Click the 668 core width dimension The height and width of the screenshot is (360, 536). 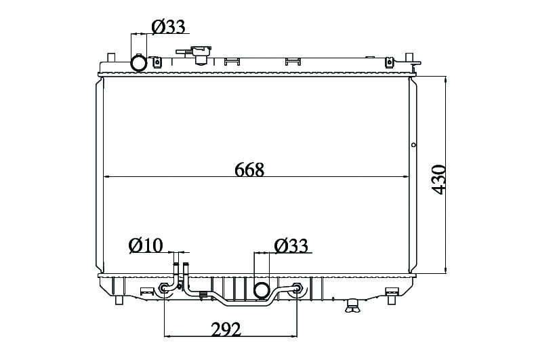(249, 169)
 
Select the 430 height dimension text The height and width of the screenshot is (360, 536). (439, 180)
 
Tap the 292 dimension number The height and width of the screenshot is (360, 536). (226, 329)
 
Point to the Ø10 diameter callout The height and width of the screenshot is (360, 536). (146, 245)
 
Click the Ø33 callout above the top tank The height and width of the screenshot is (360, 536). (169, 26)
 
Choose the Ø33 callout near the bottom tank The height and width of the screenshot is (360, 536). (291, 245)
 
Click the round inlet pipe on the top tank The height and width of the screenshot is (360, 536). (139, 63)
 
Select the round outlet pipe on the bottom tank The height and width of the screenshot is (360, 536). (262, 290)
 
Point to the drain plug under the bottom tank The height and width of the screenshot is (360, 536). (352, 305)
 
